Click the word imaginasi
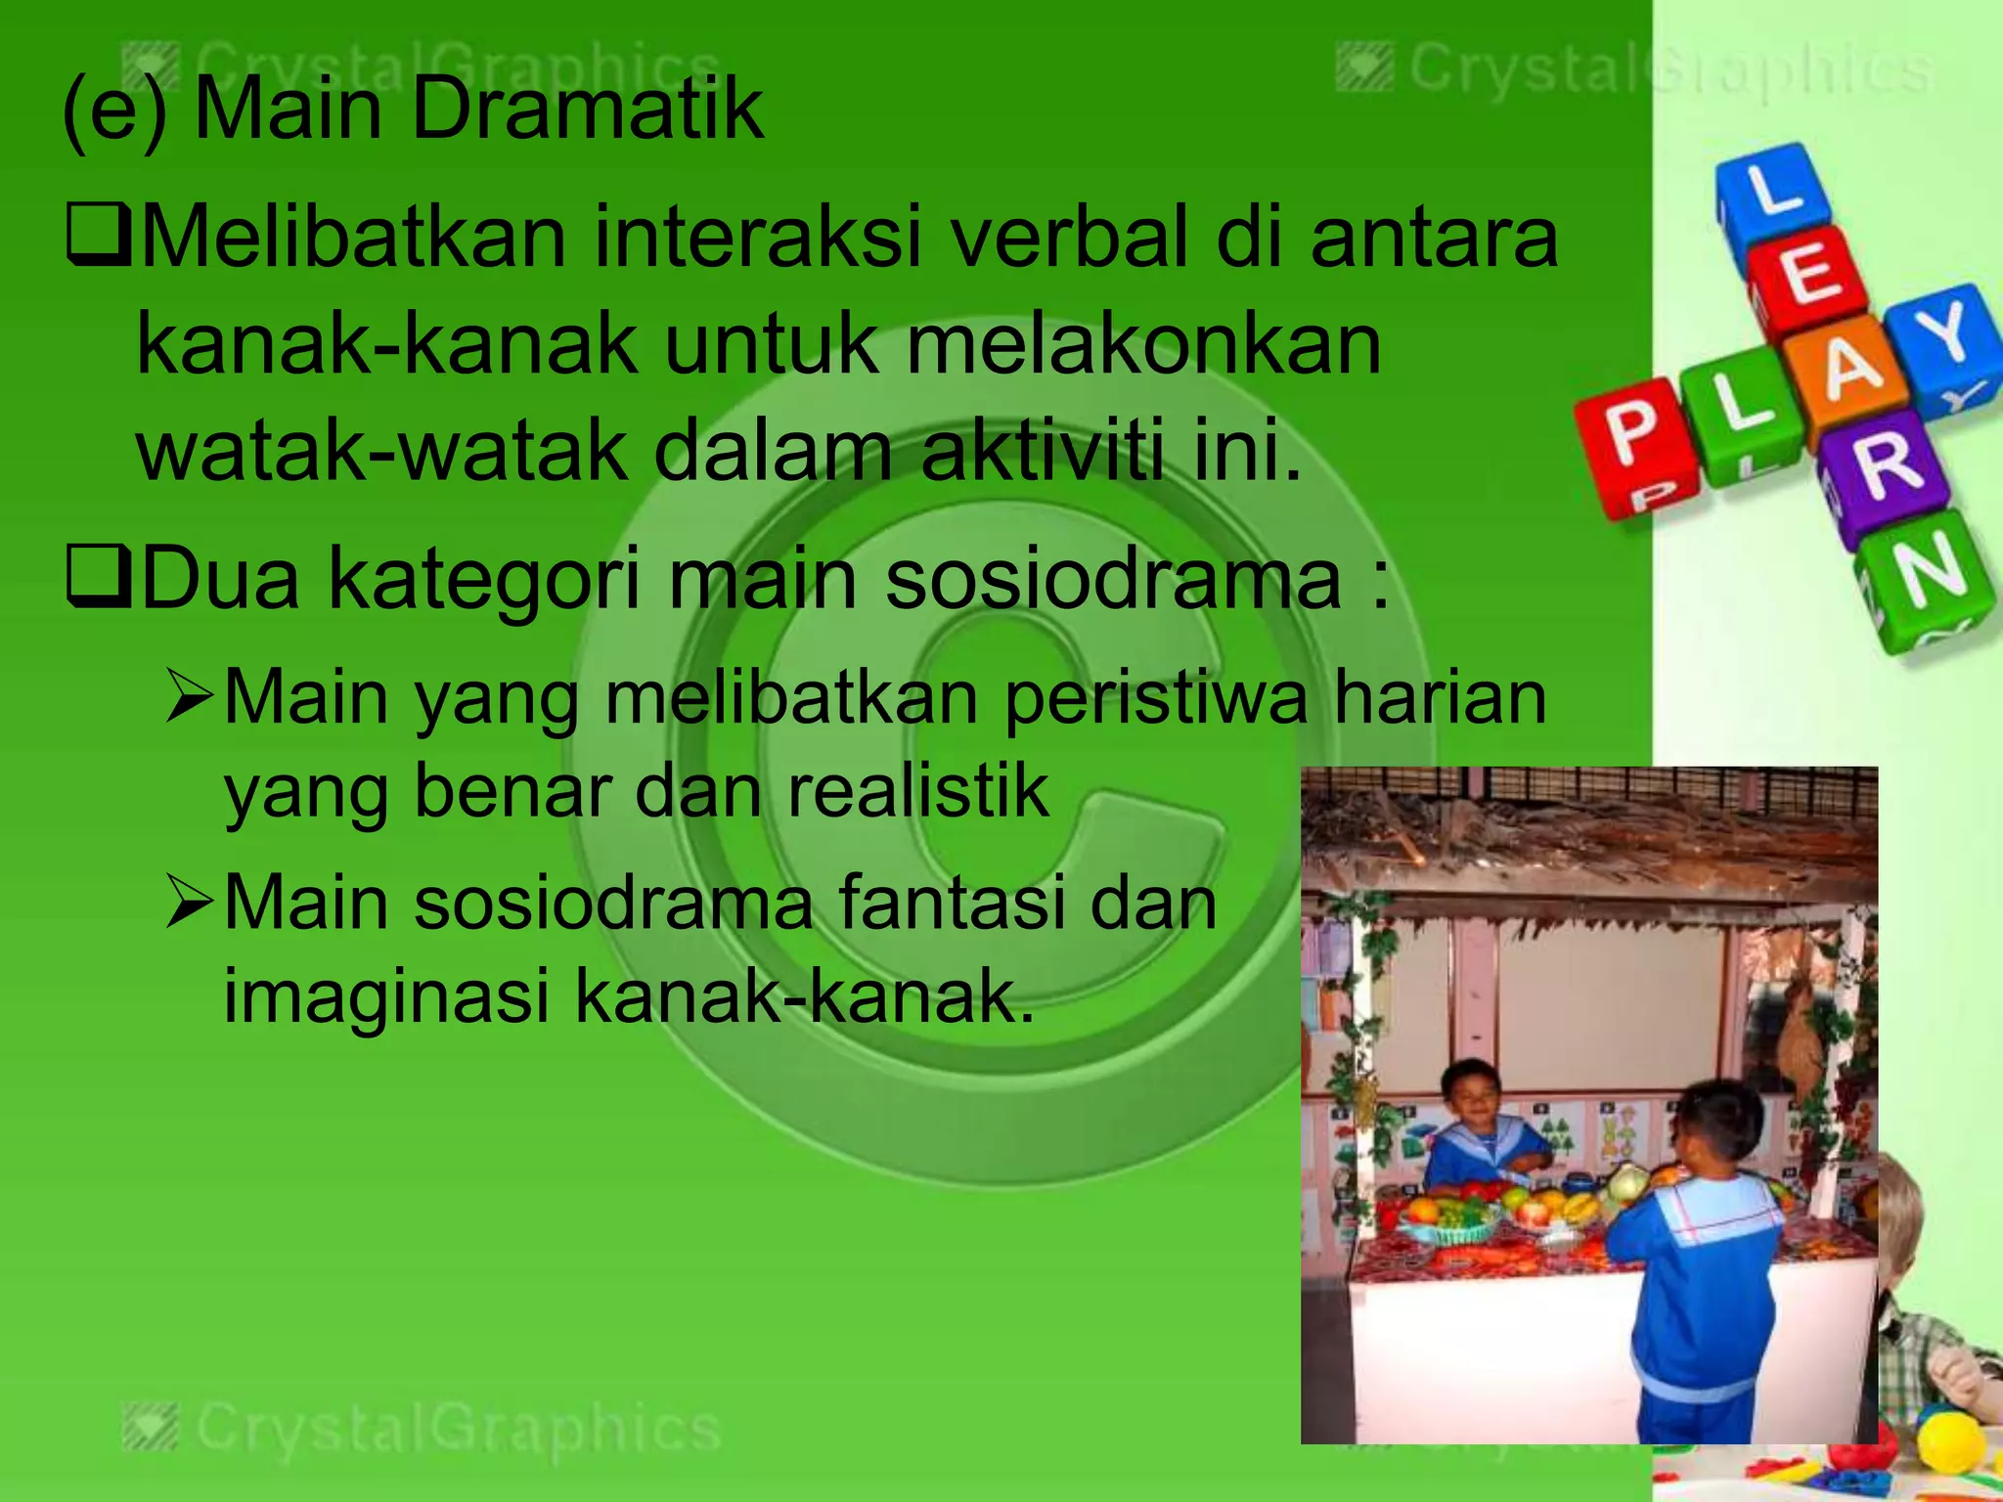pyautogui.click(x=386, y=995)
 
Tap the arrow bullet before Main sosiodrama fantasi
pyautogui.click(x=189, y=902)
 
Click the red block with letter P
pyautogui.click(x=1628, y=440)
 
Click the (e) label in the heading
pyautogui.click(x=113, y=110)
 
